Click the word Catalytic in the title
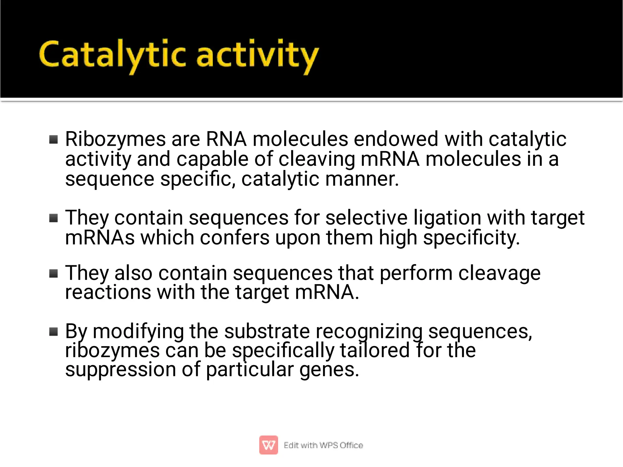click(112, 55)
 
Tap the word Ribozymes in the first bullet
click(115, 139)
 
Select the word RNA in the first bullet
click(226, 139)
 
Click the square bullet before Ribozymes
click(54, 140)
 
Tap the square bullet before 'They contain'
click(54, 218)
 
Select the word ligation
click(447, 218)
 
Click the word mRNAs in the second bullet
click(100, 238)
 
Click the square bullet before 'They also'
click(54, 274)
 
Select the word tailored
click(375, 350)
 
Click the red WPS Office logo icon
click(268, 445)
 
